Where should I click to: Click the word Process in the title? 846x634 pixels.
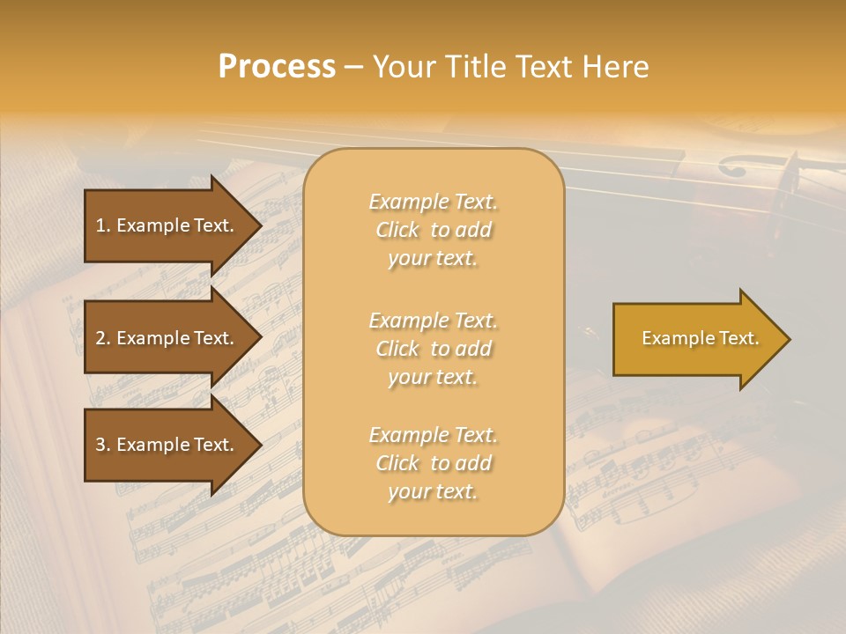coord(277,67)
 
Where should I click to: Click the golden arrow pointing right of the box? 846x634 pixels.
coord(696,339)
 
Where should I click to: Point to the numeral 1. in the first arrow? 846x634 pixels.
coord(103,225)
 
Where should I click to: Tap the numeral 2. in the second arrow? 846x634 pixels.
coord(103,338)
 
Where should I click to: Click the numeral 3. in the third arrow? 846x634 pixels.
coord(103,445)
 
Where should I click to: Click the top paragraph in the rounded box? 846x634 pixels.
coord(433,230)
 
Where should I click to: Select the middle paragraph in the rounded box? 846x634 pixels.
coord(433,349)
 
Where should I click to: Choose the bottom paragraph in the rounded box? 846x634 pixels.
coord(433,463)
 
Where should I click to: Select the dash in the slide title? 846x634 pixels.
coord(353,67)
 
